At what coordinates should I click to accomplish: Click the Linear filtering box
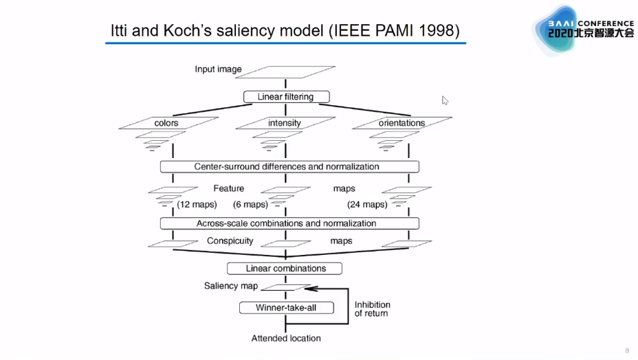(x=286, y=97)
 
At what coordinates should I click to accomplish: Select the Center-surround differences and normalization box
(x=289, y=166)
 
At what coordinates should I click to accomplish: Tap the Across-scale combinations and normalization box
(x=289, y=223)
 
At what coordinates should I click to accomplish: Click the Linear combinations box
(x=285, y=268)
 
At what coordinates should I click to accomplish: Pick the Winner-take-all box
(x=285, y=308)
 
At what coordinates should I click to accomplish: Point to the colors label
(x=166, y=124)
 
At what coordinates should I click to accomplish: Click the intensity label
(x=285, y=124)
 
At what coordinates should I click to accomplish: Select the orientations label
(x=401, y=124)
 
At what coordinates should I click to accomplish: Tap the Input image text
(x=218, y=69)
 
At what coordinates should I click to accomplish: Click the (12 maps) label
(x=197, y=204)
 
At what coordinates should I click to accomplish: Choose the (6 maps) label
(x=250, y=204)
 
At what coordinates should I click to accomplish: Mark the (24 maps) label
(x=366, y=204)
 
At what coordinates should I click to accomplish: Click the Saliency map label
(x=230, y=286)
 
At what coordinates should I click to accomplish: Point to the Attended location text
(x=286, y=338)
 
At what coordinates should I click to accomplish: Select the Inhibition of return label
(x=372, y=309)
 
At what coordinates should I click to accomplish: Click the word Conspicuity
(x=230, y=241)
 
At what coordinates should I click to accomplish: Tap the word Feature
(x=228, y=188)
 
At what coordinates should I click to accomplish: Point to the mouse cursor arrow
(x=445, y=100)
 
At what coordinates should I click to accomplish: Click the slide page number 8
(x=626, y=350)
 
